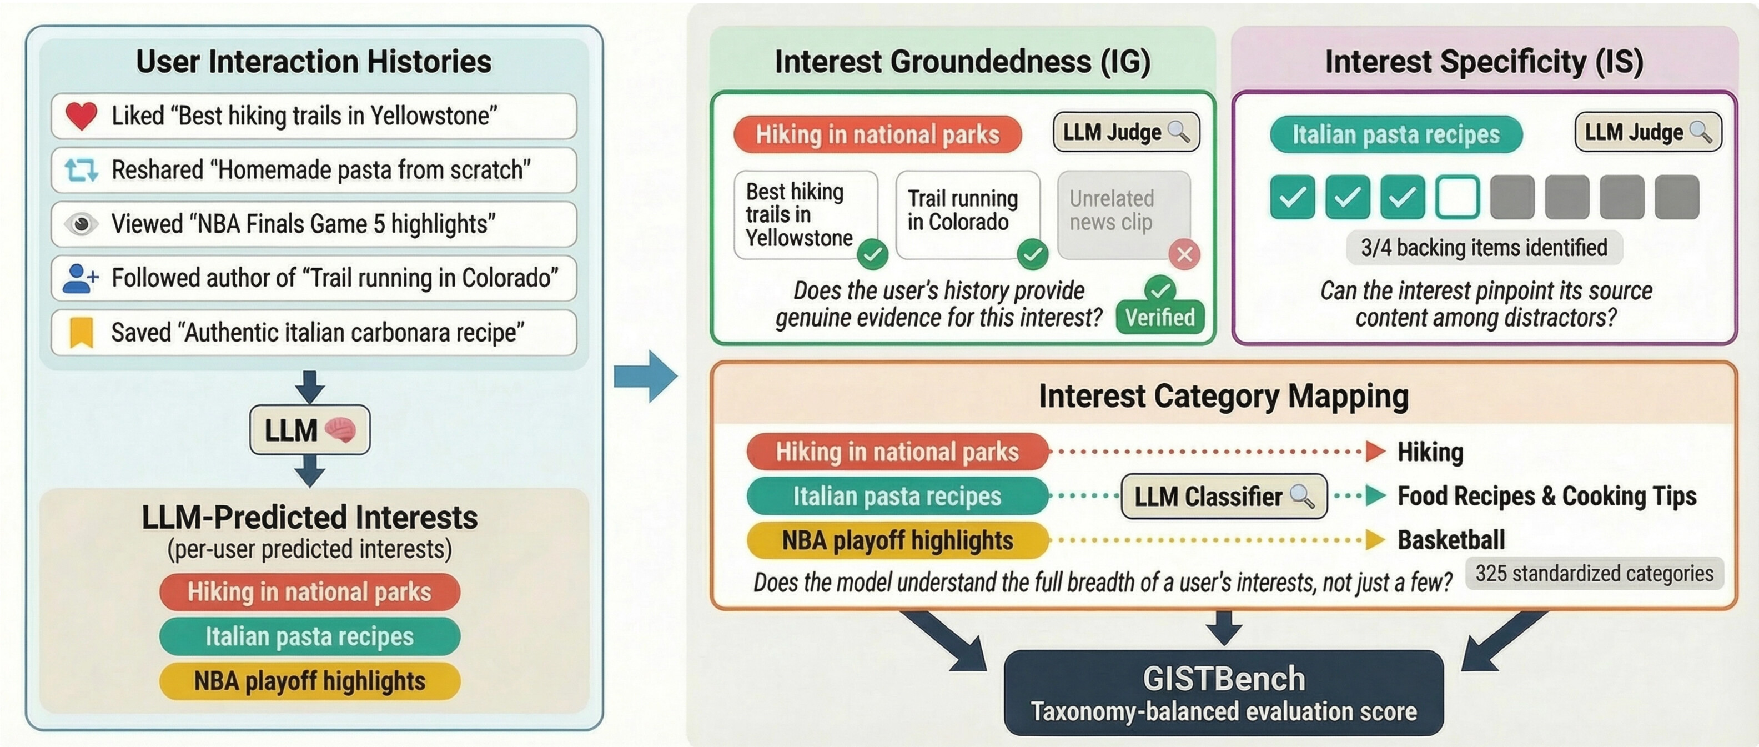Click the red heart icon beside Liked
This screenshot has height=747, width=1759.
tap(81, 116)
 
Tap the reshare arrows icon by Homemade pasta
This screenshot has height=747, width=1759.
tap(81, 170)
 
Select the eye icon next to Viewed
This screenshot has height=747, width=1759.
tap(81, 224)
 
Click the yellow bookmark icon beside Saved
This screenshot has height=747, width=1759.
tap(81, 333)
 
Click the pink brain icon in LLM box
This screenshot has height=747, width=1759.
tap(340, 430)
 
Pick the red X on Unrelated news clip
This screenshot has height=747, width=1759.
tap(1184, 255)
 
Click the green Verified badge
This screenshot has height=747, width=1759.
tap(1160, 316)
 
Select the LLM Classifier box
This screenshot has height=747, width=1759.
tap(1224, 497)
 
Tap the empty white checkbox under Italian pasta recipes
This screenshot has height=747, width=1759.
tap(1457, 197)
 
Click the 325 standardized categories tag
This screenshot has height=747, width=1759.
tap(1594, 574)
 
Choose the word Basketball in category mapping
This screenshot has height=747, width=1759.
tap(1451, 540)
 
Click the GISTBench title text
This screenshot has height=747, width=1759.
tap(1224, 679)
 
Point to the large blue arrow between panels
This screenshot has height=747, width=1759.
tap(645, 376)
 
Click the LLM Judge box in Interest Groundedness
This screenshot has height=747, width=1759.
tap(1126, 132)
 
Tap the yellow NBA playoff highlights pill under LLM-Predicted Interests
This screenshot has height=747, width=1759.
tap(309, 681)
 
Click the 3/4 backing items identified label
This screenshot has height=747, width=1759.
tap(1484, 247)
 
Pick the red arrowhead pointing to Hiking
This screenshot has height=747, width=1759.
tap(1375, 452)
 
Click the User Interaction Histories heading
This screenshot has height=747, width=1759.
tap(313, 62)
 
